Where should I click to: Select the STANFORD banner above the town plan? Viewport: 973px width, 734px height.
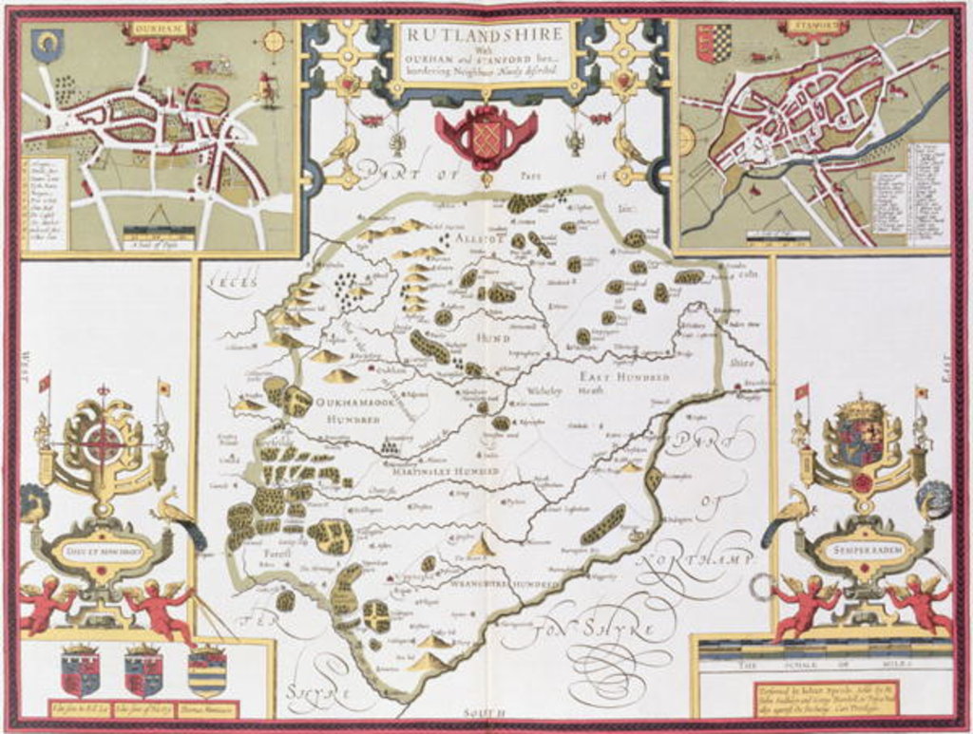812,27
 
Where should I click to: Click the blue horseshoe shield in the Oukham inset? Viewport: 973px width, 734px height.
45,43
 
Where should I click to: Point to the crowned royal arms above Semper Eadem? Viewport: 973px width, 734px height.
861,437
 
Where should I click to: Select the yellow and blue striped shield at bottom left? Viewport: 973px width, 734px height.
207,671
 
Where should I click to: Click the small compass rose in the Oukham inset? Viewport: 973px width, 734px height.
274,41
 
